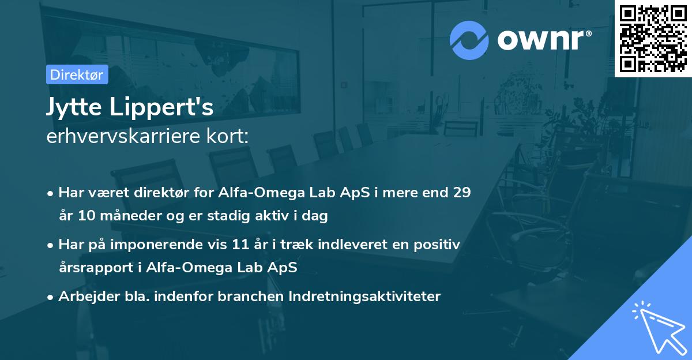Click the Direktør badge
click(77, 74)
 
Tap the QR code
click(653, 39)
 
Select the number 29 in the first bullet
click(461, 193)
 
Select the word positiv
click(439, 245)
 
